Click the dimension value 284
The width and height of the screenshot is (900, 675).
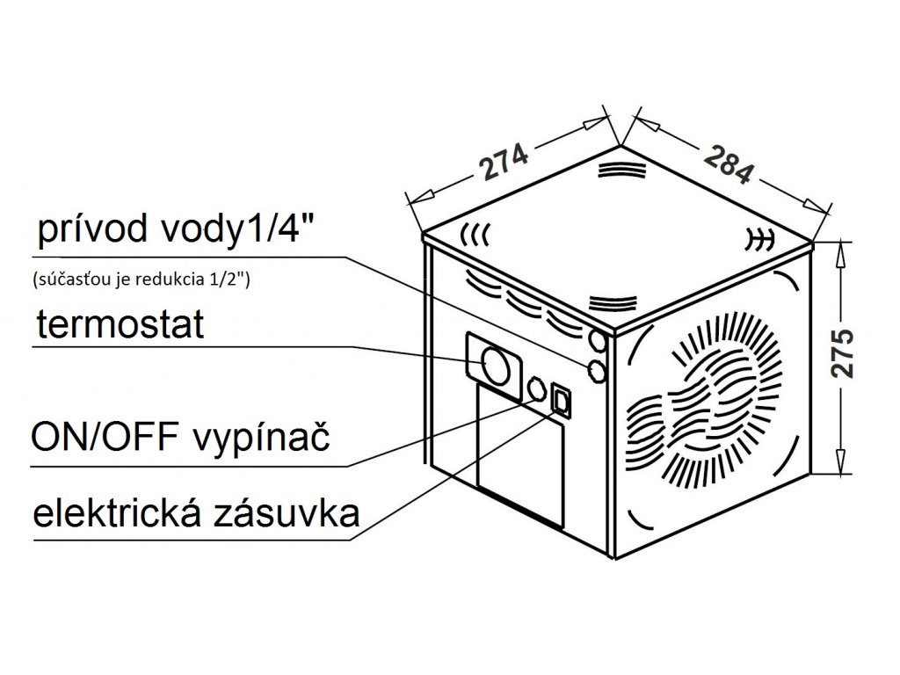(x=726, y=163)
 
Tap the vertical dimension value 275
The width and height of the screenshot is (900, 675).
(x=845, y=354)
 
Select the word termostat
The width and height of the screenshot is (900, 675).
(x=120, y=325)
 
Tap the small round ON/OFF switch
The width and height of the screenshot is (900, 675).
(x=535, y=389)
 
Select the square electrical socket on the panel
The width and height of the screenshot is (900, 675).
(x=561, y=403)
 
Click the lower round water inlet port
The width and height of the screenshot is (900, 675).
(x=599, y=370)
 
